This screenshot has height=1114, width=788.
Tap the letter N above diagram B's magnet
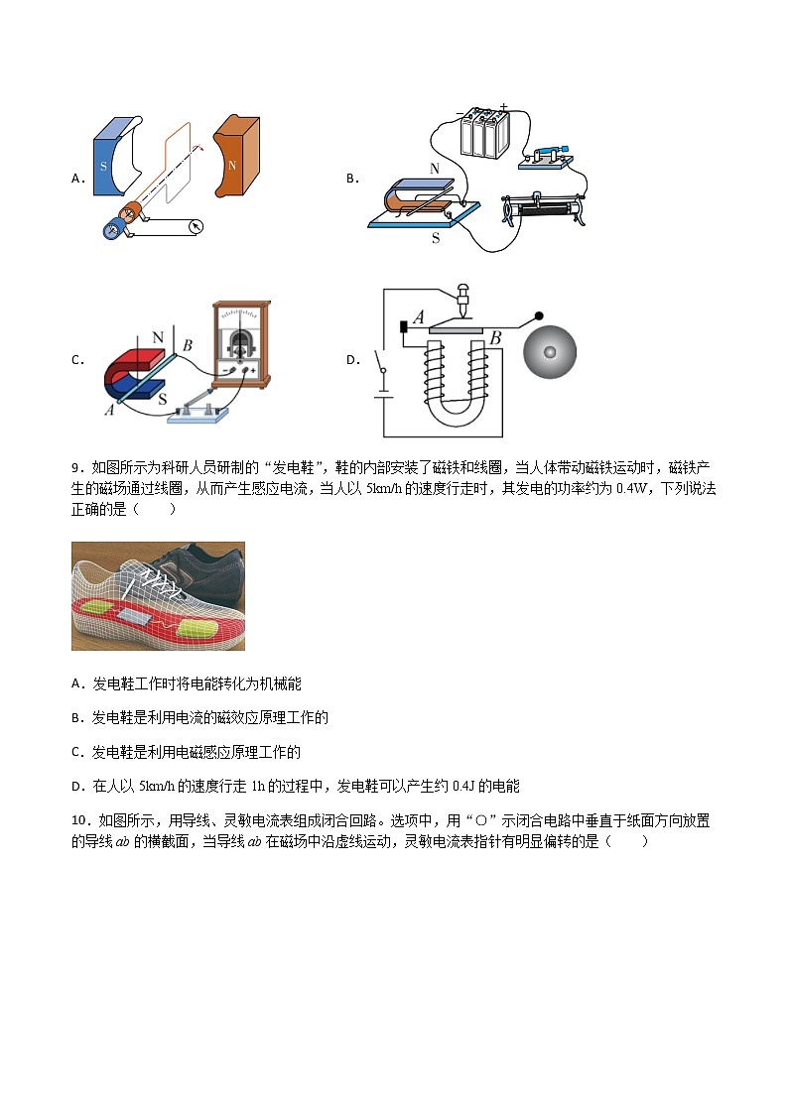(x=435, y=170)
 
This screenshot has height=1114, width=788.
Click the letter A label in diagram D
(x=418, y=317)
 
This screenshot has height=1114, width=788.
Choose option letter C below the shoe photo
(x=76, y=752)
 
